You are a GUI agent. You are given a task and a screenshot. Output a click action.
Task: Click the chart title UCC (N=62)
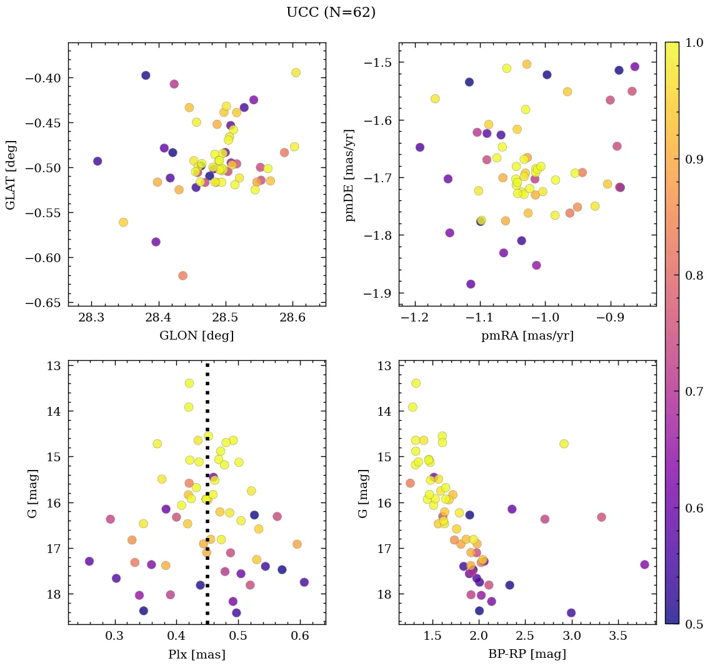click(331, 12)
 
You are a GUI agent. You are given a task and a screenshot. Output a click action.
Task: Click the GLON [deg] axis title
click(197, 336)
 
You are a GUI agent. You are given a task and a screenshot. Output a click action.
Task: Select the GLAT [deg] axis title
click(11, 175)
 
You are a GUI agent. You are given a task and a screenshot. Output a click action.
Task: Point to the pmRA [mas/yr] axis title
click(527, 336)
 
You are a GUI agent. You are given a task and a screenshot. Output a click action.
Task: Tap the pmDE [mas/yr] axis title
click(349, 175)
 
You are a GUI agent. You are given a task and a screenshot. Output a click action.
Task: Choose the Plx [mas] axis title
click(197, 655)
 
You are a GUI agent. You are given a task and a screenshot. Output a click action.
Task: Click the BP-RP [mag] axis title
click(527, 655)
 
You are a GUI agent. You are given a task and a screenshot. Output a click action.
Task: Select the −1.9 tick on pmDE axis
click(377, 293)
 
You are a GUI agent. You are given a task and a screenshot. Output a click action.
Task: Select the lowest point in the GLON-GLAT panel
click(182, 275)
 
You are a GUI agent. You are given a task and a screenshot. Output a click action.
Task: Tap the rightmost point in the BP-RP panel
click(644, 564)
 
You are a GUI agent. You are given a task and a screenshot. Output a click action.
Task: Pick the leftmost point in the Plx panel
click(89, 561)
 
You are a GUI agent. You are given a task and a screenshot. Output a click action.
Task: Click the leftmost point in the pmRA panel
click(419, 147)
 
